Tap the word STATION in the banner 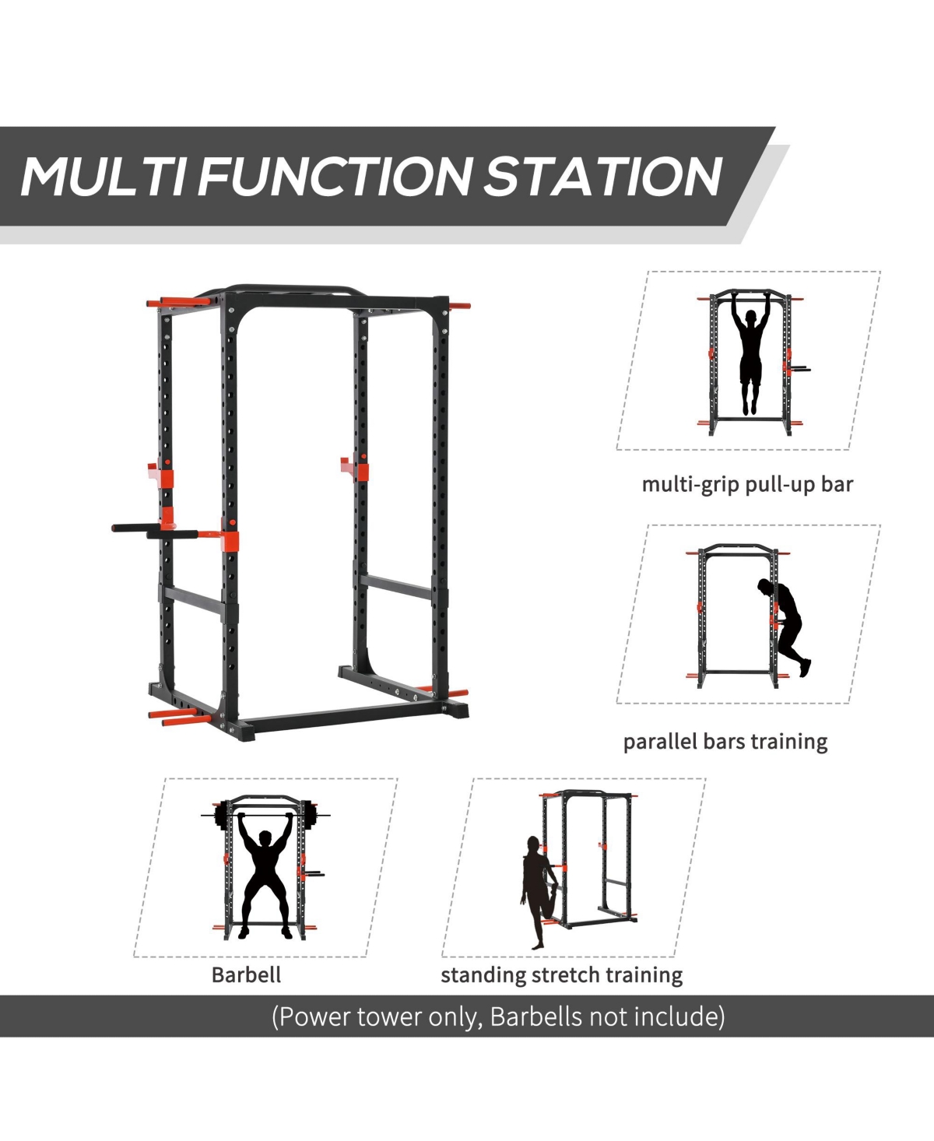tap(603, 177)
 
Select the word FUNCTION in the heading tap(335, 177)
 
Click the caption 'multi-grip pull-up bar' tap(747, 484)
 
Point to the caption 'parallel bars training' tap(725, 741)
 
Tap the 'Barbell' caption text tap(246, 974)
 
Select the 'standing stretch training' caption tap(561, 974)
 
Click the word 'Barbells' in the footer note tap(537, 1016)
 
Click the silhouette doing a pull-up tap(750, 358)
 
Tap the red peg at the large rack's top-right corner tap(459, 306)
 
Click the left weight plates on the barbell tap(221, 816)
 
